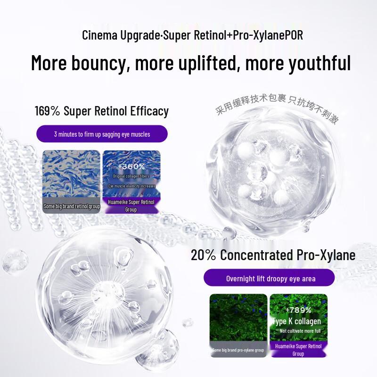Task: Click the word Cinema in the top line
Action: click(x=97, y=35)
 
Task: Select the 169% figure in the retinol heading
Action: click(x=48, y=111)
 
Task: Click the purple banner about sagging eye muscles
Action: click(x=102, y=134)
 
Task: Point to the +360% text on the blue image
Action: click(x=131, y=166)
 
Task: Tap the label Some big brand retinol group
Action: click(x=72, y=206)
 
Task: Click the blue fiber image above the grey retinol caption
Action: click(x=71, y=174)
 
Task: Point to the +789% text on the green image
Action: click(x=298, y=310)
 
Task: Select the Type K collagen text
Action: click(x=297, y=321)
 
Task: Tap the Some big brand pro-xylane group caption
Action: click(x=238, y=350)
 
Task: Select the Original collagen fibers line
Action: click(x=131, y=176)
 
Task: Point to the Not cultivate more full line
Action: click(x=298, y=331)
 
